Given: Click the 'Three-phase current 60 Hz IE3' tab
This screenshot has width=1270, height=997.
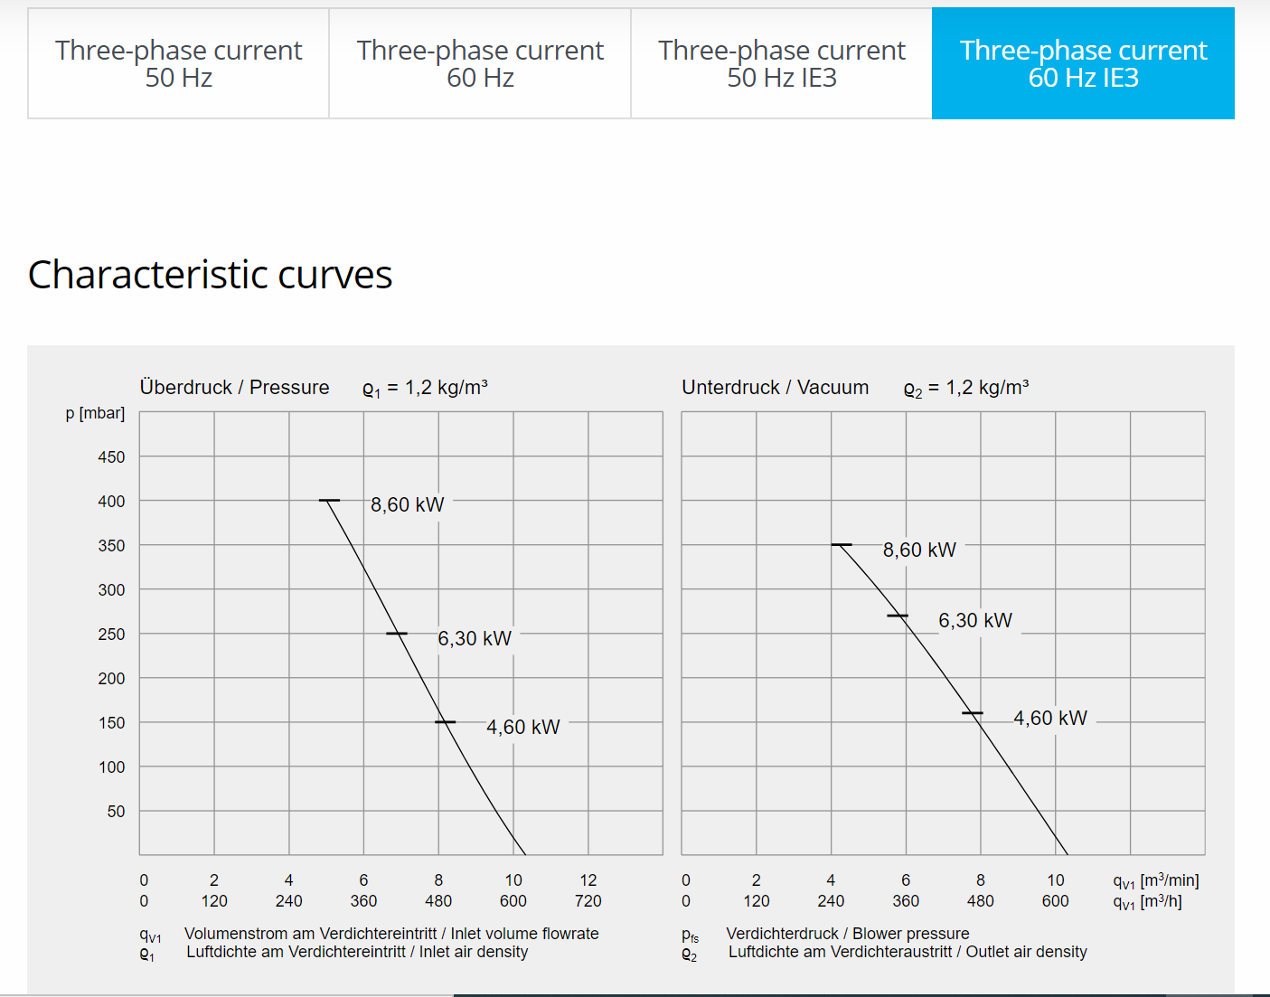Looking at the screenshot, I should click(1083, 63).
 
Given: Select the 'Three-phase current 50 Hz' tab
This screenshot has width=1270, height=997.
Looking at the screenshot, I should click(178, 63).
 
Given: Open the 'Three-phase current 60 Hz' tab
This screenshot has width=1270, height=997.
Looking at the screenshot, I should click(480, 63).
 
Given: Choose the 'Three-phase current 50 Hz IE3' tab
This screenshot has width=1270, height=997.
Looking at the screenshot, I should click(781, 63).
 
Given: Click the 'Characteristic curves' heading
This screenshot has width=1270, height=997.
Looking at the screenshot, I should click(210, 275).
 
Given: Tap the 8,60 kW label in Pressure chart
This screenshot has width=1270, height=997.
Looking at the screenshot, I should click(407, 504).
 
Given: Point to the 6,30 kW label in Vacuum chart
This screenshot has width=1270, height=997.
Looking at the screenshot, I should click(974, 620).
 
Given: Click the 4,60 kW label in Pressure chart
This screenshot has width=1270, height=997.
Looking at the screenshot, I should click(522, 727).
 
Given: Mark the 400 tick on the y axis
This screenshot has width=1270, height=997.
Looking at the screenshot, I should click(111, 501).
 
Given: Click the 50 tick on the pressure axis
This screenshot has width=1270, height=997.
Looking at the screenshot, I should click(116, 811).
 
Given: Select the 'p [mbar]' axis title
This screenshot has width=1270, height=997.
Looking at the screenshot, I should click(95, 413).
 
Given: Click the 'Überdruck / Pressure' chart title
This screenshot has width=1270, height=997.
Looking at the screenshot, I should click(234, 387).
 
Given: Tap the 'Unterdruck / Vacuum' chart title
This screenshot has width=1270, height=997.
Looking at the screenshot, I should click(775, 387).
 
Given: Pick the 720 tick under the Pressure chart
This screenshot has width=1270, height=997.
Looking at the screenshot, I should click(588, 900).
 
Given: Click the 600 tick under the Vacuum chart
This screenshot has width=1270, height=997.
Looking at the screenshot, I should click(1055, 900).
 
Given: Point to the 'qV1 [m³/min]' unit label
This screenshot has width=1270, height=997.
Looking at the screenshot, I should click(1155, 880).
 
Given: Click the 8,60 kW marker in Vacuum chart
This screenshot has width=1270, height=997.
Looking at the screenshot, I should click(842, 545).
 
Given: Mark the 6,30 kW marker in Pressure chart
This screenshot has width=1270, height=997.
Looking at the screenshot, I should click(397, 634).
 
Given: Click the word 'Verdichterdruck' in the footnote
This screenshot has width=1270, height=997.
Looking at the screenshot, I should click(782, 933).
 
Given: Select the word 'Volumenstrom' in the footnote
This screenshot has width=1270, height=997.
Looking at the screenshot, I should click(236, 933).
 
